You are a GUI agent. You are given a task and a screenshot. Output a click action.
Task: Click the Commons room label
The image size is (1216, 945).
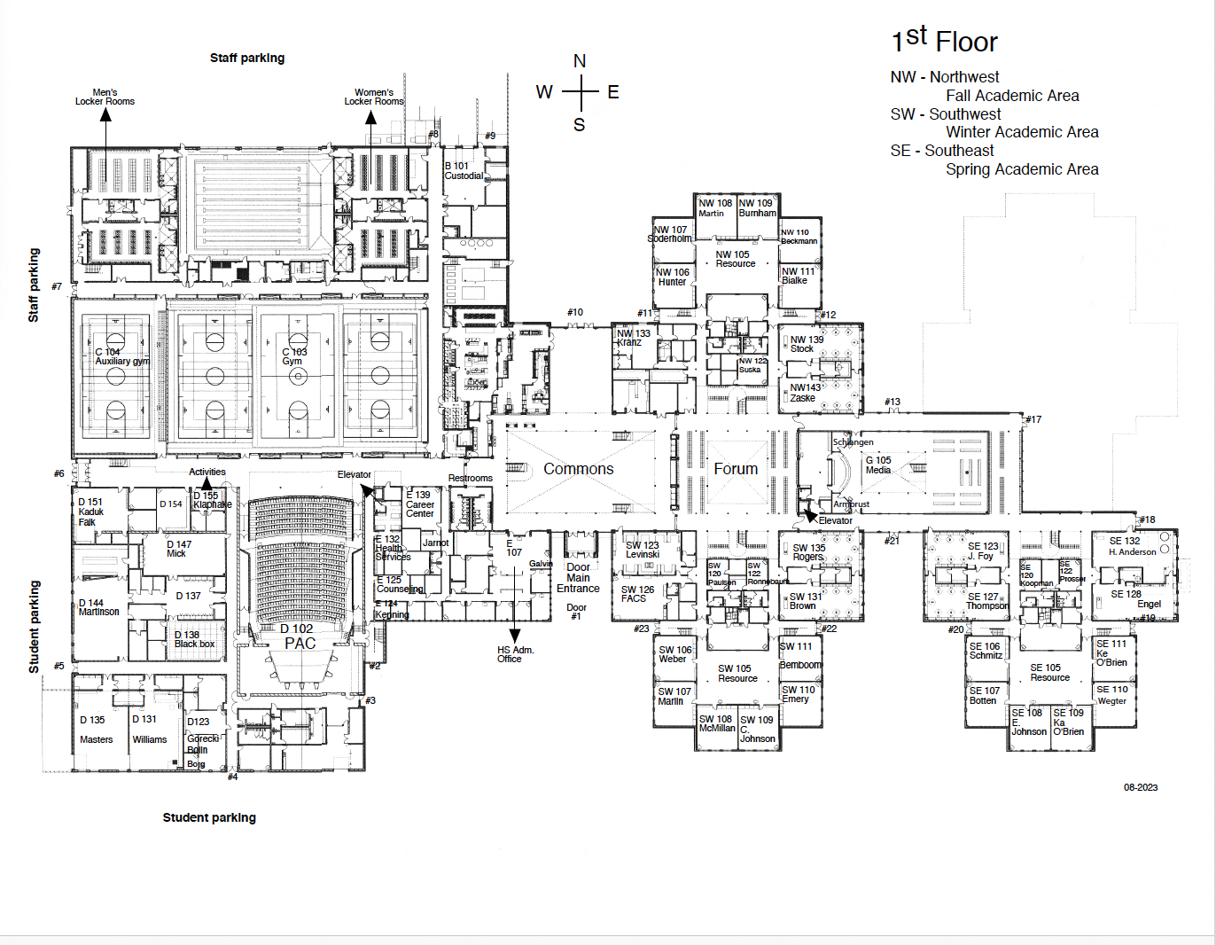[578, 469]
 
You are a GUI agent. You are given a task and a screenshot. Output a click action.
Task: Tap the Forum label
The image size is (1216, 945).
[736, 469]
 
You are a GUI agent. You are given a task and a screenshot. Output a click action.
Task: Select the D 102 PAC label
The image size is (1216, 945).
[299, 637]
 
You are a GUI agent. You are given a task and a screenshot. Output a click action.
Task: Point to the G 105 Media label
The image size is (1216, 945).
[878, 465]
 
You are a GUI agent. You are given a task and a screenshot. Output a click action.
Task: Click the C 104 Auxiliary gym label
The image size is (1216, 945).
[121, 356]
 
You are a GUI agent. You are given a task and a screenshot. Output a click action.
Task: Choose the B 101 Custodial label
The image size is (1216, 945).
[464, 171]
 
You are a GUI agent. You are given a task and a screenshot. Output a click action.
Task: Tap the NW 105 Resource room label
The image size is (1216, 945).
[735, 259]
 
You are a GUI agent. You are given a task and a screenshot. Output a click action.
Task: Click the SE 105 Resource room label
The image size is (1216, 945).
[1049, 673]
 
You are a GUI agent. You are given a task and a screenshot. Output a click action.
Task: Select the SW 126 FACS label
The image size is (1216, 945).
[637, 594]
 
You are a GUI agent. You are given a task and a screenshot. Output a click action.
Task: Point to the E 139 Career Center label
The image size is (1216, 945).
[419, 504]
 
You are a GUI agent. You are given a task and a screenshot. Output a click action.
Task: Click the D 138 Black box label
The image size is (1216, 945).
[193, 639]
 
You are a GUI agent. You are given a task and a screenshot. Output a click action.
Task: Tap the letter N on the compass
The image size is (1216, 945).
[580, 61]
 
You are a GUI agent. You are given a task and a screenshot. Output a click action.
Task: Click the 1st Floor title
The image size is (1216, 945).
[944, 41]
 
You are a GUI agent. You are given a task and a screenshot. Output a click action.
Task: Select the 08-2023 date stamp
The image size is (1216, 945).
[1141, 787]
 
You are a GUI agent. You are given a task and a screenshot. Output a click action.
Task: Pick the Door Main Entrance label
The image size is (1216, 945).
[578, 578]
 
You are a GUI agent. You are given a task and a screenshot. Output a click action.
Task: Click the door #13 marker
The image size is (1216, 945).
[893, 402]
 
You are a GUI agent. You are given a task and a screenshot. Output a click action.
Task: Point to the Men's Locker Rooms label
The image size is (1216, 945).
[105, 97]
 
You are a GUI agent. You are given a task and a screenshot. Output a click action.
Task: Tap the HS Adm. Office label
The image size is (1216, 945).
[515, 654]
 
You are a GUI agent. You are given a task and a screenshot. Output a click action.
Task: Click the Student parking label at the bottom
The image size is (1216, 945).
[209, 817]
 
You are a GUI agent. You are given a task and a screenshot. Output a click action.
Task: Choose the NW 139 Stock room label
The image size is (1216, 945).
[806, 344]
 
